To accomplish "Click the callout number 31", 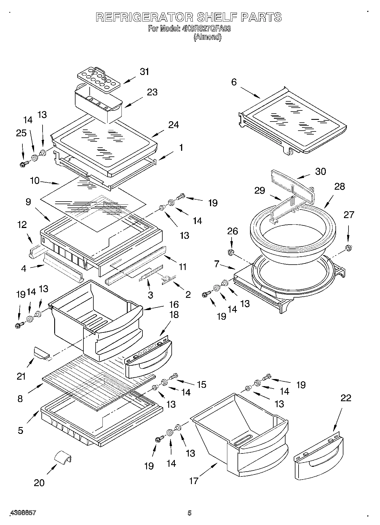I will pyautogui.click(x=144, y=72).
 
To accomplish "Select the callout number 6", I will pyautogui.click(x=234, y=82).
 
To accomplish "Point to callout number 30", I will pyautogui.click(x=320, y=171).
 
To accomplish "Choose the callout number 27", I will pyautogui.click(x=349, y=215).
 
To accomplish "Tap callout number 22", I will pyautogui.click(x=346, y=398).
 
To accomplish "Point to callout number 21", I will pyautogui.click(x=21, y=377).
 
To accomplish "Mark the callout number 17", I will pyautogui.click(x=194, y=481).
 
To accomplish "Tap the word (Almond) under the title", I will pyautogui.click(x=207, y=37).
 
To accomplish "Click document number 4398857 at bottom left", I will pyautogui.click(x=23, y=513).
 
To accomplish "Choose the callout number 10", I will pyautogui.click(x=35, y=181).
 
